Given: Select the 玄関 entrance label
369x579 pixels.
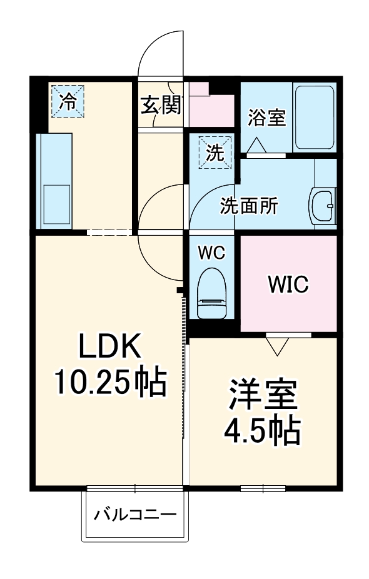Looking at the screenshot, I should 161,106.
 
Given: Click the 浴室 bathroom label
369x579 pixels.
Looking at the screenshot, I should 267,117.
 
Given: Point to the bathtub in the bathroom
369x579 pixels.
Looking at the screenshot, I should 315,117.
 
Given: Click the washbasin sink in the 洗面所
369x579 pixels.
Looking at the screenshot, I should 323,204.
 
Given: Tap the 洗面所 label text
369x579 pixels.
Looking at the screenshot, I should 248,206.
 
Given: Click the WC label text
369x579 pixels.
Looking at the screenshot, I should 211,253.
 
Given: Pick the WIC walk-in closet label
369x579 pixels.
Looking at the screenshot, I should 288,284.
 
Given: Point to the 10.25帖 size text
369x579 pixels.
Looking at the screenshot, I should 110,382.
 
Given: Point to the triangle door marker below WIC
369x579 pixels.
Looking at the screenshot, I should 276,345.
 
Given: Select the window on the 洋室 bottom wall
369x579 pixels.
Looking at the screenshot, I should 263,488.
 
